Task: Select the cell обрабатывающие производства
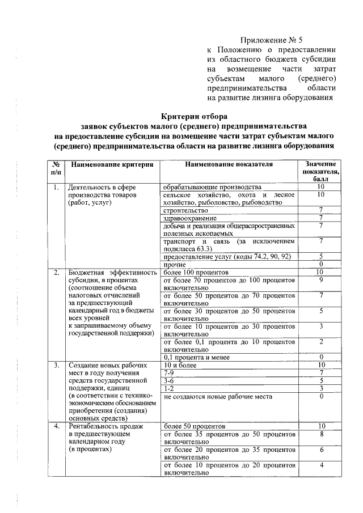(x=212, y=187)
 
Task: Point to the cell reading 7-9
(x=169, y=373)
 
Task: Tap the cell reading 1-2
(x=169, y=389)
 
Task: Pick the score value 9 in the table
(x=321, y=280)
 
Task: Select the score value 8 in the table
(x=321, y=434)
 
